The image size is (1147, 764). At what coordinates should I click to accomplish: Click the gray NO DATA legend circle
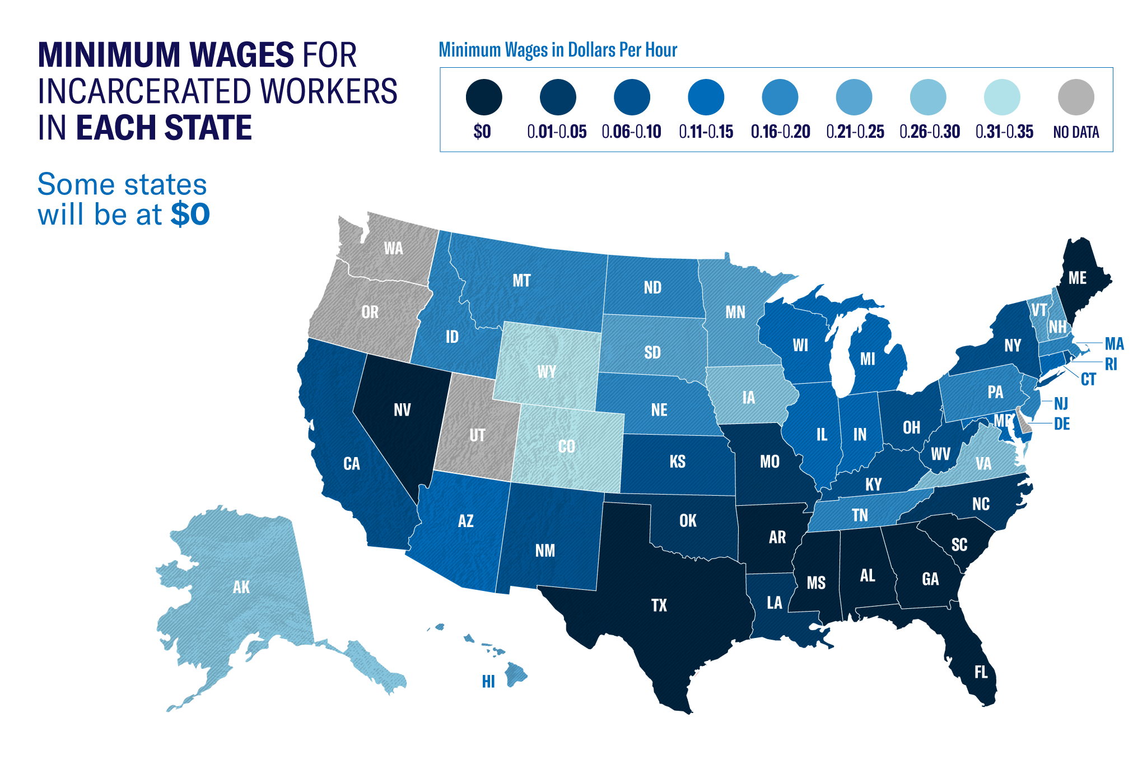[1076, 97]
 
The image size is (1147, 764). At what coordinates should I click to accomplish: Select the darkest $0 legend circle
[484, 97]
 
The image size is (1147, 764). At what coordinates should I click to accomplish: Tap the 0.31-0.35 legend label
[1004, 132]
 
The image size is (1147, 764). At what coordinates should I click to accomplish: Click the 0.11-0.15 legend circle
[706, 97]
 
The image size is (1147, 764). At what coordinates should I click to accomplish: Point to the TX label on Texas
[659, 605]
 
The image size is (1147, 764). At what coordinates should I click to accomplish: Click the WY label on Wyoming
[547, 372]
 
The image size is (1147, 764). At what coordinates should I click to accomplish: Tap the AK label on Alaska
[241, 587]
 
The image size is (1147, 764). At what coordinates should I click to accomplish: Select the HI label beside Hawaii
[488, 681]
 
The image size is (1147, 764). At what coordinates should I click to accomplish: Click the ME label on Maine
[1077, 278]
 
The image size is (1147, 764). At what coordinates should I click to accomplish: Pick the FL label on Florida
[981, 672]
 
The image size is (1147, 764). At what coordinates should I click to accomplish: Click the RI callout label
[1111, 365]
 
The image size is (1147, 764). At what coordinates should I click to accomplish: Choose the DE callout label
[1062, 424]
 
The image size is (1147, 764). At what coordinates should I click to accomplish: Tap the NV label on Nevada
[402, 410]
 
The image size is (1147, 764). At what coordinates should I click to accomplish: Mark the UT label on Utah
[477, 435]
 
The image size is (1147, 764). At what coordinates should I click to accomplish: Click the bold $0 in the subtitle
[190, 215]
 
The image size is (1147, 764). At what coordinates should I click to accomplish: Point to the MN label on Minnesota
[735, 312]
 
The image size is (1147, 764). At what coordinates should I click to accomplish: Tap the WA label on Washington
[393, 248]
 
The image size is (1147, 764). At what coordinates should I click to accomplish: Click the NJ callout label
[1061, 403]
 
